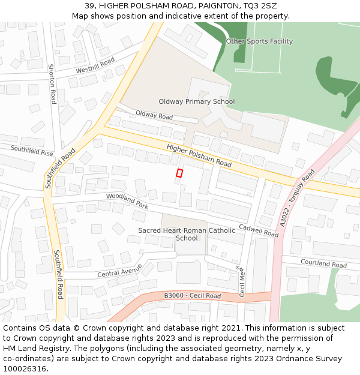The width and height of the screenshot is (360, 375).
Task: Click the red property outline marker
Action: (179, 173)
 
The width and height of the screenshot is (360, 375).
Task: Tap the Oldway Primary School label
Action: (196, 101)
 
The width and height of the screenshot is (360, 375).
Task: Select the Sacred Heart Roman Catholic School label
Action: (187, 234)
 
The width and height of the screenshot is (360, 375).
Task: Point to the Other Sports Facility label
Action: (259, 41)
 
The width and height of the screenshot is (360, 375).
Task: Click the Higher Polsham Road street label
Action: (199, 155)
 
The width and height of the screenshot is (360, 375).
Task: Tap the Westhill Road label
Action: (95, 65)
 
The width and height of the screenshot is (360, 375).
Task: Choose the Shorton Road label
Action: (52, 84)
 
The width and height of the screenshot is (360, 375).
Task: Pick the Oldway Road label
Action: (154, 115)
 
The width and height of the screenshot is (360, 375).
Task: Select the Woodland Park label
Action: (127, 200)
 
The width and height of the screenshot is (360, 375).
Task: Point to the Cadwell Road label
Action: (259, 230)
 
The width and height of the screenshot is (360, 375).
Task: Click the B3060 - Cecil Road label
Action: (192, 296)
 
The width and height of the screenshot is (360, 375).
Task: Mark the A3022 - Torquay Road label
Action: (297, 197)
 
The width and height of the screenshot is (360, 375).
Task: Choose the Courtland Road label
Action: (323, 263)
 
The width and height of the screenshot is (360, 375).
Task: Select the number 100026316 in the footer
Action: (25, 368)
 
